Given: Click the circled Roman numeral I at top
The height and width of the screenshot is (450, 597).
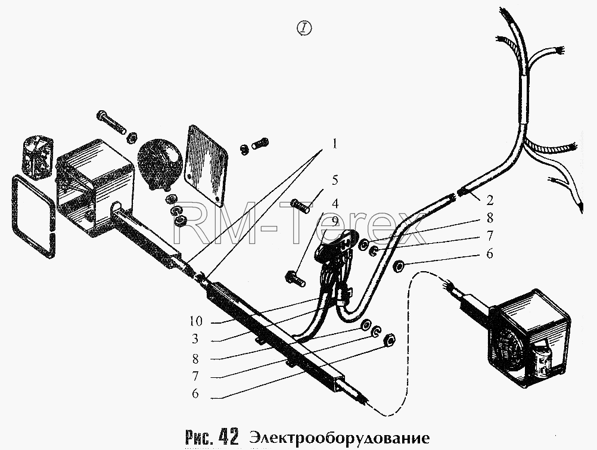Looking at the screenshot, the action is tap(303, 28).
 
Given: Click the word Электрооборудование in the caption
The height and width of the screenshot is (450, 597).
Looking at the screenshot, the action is tap(339, 438).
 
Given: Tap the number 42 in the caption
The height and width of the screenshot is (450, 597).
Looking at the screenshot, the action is tap(228, 437).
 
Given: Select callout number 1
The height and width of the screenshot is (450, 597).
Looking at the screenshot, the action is tap(334, 144).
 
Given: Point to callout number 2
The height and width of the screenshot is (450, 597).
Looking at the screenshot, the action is tap(490, 200).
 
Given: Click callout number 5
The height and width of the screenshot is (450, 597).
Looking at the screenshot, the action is tap(335, 180).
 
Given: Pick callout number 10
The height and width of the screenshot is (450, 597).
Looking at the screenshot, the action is tap(196, 322).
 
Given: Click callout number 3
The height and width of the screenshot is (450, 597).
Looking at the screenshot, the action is tap(195, 339).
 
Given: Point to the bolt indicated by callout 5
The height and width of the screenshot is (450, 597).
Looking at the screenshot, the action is tap(300, 206).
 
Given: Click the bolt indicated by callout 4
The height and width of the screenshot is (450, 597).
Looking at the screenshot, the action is tap(295, 278).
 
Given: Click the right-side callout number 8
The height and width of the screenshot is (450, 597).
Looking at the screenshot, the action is tap(490, 218).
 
